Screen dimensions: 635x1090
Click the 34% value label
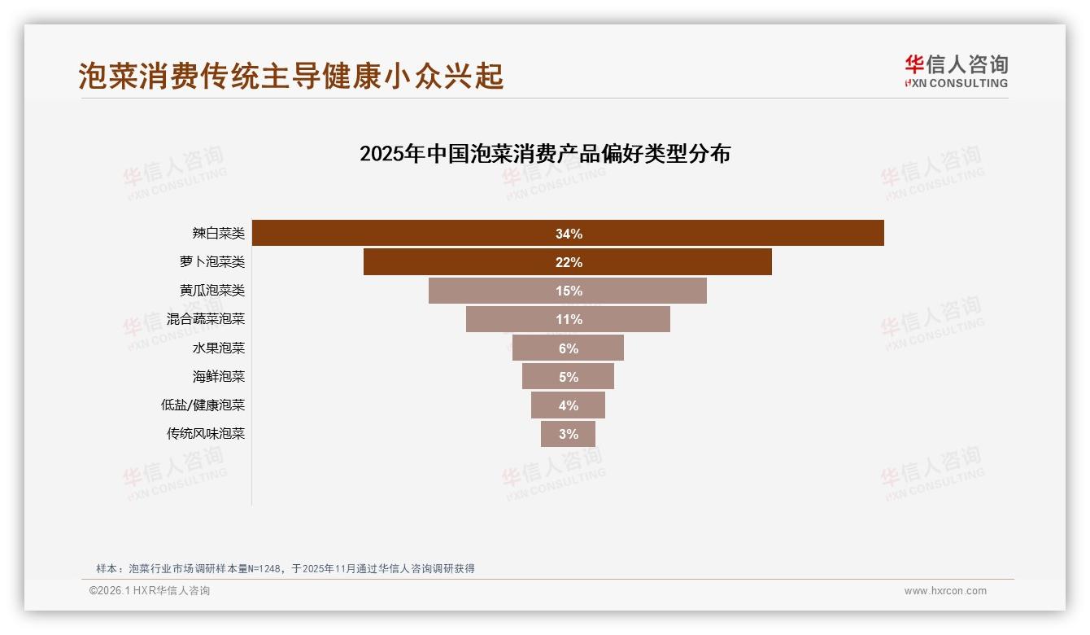click(569, 234)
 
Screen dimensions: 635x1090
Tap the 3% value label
click(569, 434)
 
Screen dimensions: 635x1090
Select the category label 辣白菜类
click(218, 234)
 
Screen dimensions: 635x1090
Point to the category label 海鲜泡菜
click(218, 376)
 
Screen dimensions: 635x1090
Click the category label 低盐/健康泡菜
click(203, 405)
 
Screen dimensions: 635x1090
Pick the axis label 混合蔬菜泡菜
click(205, 319)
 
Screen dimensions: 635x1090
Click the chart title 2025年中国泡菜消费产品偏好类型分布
click(544, 154)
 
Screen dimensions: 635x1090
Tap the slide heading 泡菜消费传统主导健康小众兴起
click(291, 76)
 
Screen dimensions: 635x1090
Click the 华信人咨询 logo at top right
click(956, 72)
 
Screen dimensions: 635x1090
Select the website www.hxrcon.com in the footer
click(944, 591)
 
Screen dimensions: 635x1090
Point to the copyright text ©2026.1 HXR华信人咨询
click(150, 591)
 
